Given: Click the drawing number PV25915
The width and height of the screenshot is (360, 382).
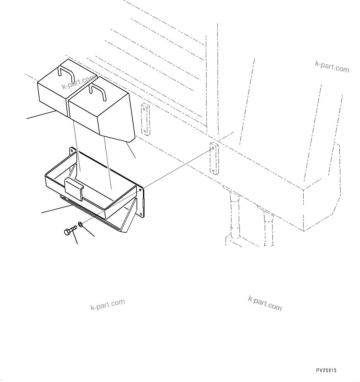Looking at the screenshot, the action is tap(326, 371).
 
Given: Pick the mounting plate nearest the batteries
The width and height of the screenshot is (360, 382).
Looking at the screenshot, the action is tap(145, 119).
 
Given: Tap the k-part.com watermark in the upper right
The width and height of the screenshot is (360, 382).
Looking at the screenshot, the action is tap(332, 66).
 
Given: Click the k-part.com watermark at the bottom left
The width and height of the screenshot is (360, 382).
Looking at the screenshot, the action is tap(108, 305).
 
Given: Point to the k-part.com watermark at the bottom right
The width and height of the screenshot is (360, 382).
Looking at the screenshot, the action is tap(265, 304).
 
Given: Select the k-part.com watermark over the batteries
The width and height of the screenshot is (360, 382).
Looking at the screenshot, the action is tap(79, 82).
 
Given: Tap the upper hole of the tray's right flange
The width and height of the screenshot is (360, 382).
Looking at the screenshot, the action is tap(141, 190).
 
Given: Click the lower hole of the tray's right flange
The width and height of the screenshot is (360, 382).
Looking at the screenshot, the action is tap(142, 214).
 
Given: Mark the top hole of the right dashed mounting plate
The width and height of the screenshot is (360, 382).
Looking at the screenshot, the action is tap(213, 148).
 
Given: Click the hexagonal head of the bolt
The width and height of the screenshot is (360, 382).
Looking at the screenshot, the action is tap(67, 232).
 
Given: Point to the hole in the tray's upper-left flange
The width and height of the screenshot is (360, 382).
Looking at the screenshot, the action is tap(72, 151).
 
